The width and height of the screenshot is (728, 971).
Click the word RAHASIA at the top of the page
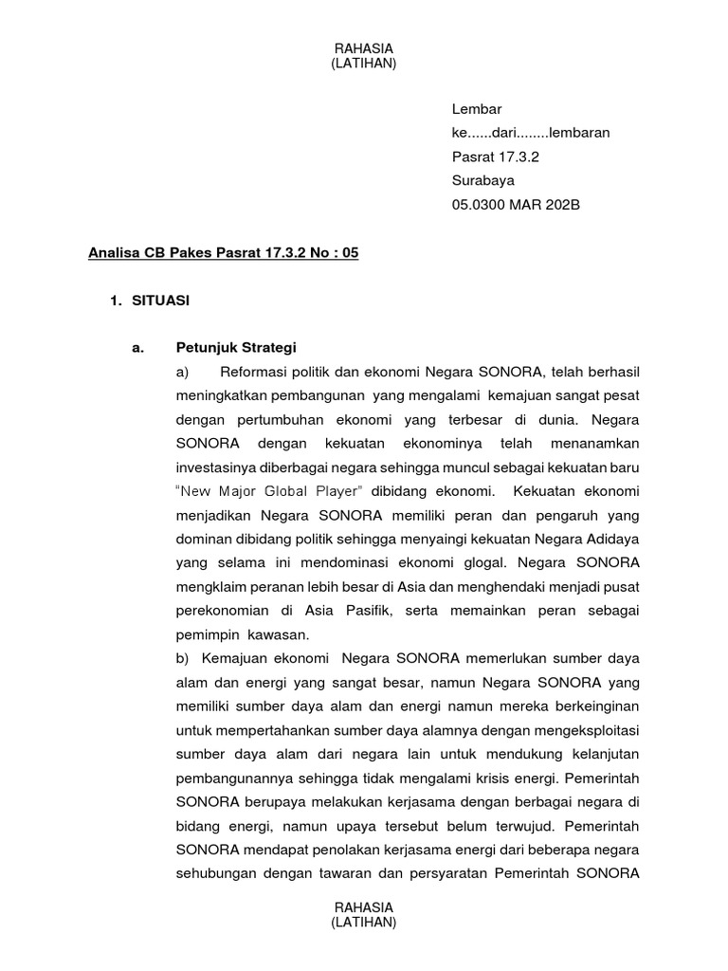364,48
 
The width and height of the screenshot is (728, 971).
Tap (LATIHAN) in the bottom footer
364,923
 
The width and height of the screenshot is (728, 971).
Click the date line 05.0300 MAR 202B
515,204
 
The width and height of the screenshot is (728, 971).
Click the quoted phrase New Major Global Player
271,491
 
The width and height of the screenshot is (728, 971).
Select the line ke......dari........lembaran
531,132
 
